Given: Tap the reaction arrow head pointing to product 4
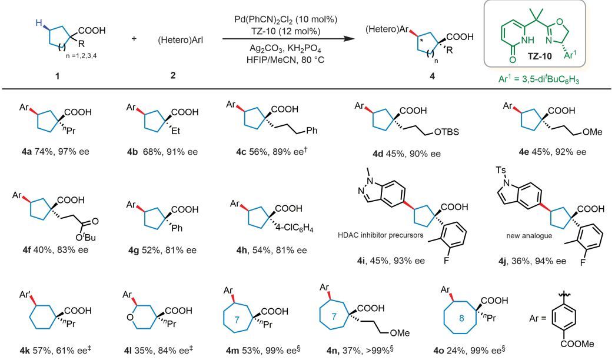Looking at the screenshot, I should click(x=340, y=40).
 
